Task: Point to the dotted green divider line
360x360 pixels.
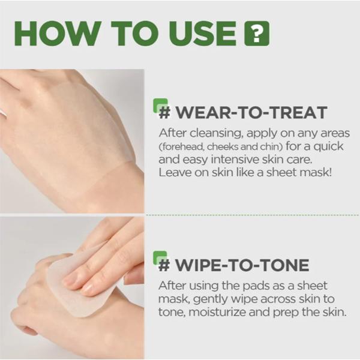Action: [x=252, y=214]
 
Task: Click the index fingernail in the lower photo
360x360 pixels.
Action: [x=71, y=277]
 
